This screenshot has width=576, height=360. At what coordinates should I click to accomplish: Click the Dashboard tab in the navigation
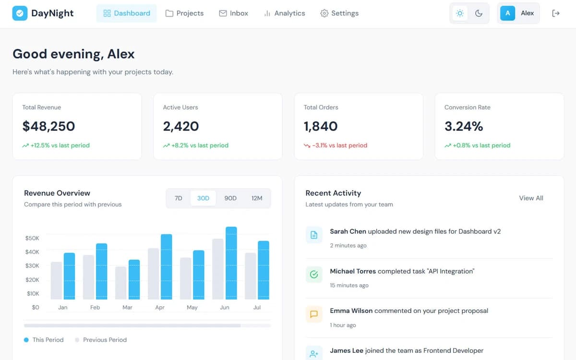127,13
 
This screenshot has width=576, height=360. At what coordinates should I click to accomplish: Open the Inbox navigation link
233,13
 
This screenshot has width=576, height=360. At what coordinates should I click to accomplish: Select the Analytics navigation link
284,13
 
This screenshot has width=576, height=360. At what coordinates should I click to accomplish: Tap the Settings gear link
339,13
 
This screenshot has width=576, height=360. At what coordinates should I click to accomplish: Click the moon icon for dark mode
479,13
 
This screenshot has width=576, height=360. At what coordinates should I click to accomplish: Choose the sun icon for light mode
460,13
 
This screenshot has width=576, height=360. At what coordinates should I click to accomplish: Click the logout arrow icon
556,13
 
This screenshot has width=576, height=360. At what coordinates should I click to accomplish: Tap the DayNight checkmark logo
20,13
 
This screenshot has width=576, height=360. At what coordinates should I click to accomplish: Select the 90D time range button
230,198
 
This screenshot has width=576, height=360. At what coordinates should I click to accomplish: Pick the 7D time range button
179,198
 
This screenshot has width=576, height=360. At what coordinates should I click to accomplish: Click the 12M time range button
257,198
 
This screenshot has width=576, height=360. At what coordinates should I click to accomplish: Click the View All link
531,198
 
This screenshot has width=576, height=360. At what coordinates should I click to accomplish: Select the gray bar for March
121,283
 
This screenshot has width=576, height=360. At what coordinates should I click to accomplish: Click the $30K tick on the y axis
32,266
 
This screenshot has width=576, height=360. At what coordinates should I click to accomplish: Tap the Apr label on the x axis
160,307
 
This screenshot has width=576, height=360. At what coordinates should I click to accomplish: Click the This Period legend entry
44,340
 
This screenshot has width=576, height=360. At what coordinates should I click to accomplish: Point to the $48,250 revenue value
48,126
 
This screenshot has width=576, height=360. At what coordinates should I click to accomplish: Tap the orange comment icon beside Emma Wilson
314,314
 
